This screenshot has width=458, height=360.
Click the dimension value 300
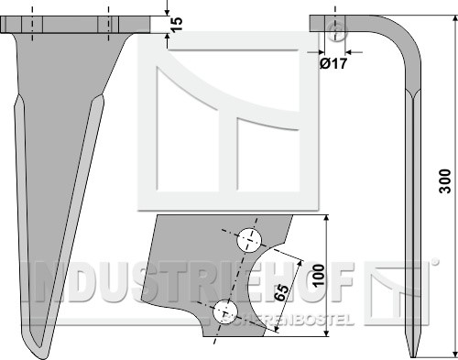pos(445,181)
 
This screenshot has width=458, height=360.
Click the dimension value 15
pos(177,24)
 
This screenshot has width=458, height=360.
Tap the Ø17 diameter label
pos(333,63)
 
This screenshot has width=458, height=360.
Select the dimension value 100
pos(318,276)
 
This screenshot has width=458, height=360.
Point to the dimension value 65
pos(281,293)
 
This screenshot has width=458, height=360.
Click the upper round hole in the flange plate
pos(249,240)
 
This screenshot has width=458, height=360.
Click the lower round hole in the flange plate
pos(225,312)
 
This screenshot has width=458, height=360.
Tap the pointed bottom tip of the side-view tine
pos(413,356)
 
